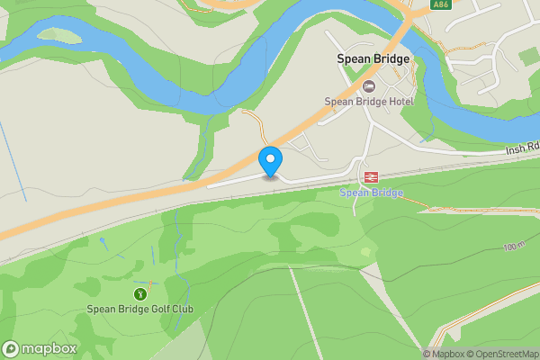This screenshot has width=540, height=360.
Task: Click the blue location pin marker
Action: coord(270,161)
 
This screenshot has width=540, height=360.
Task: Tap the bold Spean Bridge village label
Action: coord(373,59)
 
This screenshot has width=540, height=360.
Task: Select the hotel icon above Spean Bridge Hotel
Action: coord(369,85)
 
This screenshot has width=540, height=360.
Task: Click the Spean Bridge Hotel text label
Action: coord(369,101)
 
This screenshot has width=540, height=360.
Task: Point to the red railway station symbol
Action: coord(370,176)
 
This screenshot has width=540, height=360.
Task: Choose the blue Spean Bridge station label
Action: coord(371,193)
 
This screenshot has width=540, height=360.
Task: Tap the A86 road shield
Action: coord(440,5)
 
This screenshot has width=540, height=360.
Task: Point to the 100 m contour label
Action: coord(514,247)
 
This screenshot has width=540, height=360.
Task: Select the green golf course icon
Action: coord(140,293)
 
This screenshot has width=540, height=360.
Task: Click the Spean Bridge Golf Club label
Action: coord(140,310)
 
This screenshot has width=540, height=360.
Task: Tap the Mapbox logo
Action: coord(40,349)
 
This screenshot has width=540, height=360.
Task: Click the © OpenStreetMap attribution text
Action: coord(506,354)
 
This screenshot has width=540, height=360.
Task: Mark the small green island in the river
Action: coord(58,35)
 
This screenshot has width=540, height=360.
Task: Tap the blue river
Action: coord(270,54)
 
